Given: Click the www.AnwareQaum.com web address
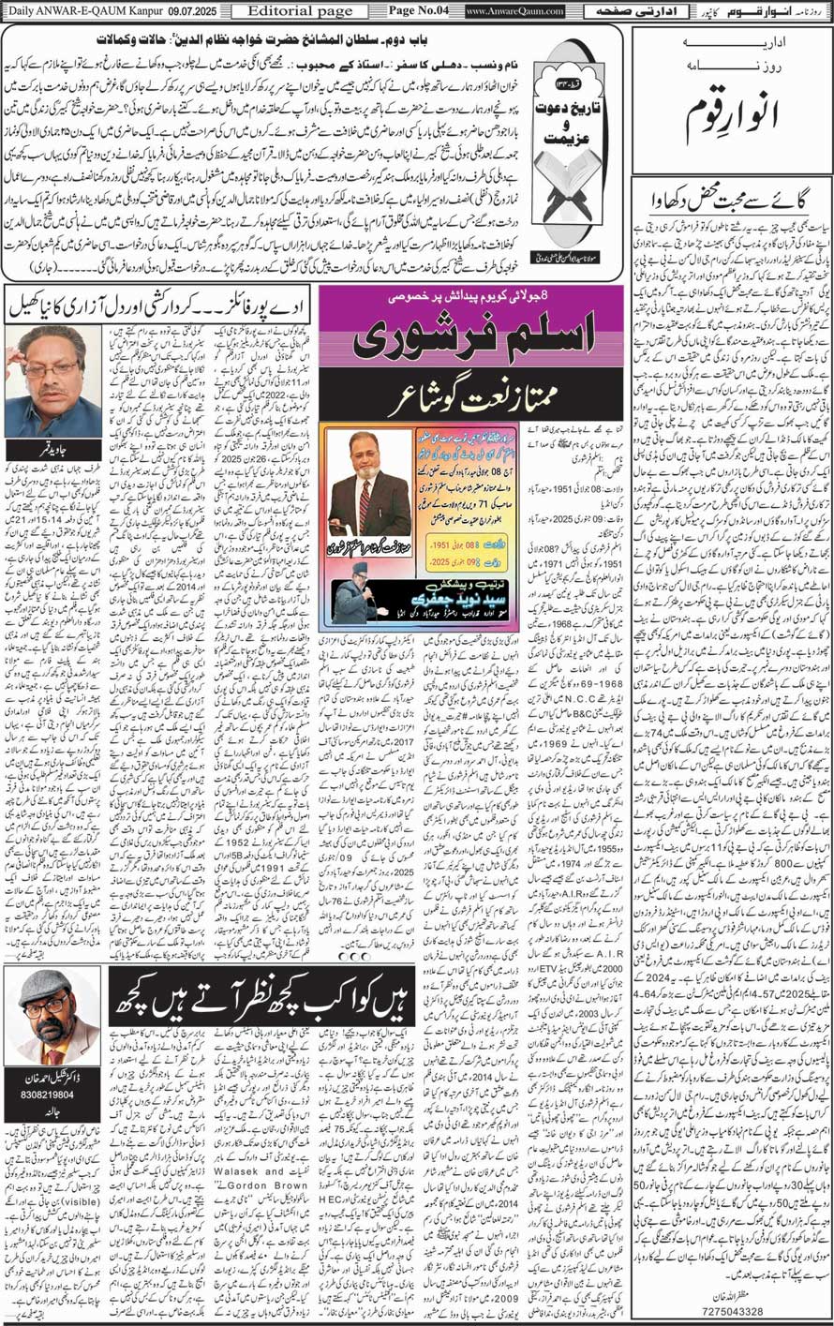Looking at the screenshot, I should coord(514,11).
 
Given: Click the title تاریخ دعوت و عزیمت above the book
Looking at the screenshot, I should coord(564,127).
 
